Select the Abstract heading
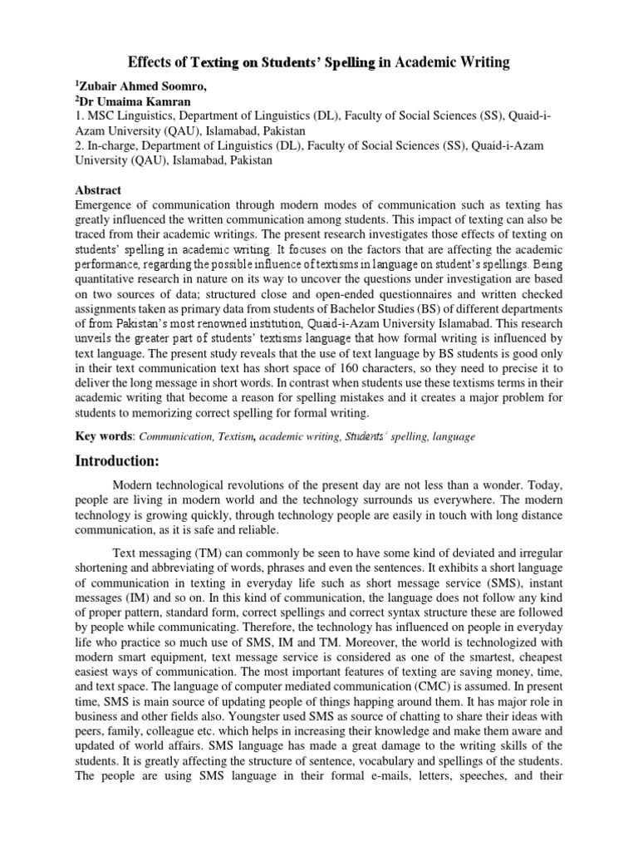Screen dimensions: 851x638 click(98, 190)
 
